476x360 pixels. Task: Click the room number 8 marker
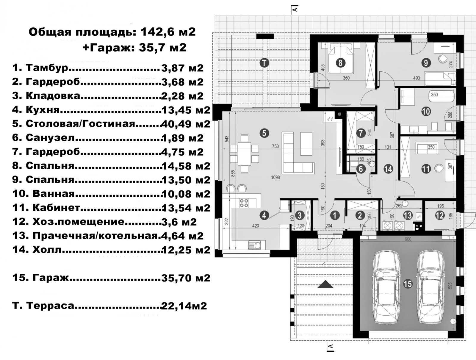[x=340, y=63]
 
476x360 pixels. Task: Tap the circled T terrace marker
[x=264, y=63]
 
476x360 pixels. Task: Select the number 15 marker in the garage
[x=408, y=284]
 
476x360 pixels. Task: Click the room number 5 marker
[x=264, y=133]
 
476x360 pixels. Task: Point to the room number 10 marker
[x=426, y=112]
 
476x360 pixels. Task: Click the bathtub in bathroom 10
[x=441, y=96]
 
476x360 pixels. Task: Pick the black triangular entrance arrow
[x=325, y=284]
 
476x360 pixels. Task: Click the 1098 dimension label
[x=275, y=177]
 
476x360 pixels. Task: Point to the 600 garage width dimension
[x=408, y=239]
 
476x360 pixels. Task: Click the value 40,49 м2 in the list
[x=186, y=124]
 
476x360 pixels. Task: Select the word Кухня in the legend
[x=43, y=110]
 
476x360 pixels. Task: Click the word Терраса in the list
[x=50, y=306]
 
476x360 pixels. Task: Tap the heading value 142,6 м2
[x=168, y=32]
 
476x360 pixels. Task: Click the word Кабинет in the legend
[x=57, y=208]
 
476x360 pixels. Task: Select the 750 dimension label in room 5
[x=275, y=146]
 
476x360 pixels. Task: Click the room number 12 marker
[x=440, y=216]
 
